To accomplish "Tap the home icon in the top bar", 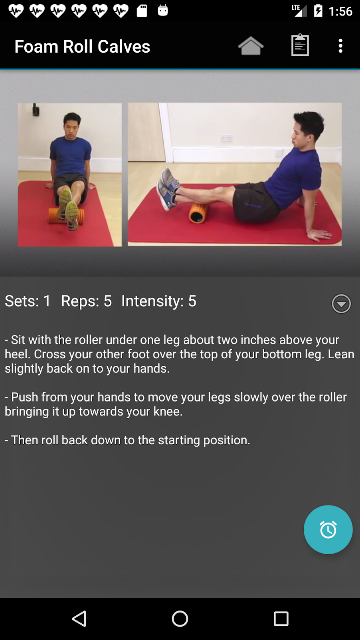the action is (x=251, y=46).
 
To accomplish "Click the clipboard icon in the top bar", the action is (x=300, y=45).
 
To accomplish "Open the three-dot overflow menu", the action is (x=340, y=46).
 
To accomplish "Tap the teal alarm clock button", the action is (x=328, y=529).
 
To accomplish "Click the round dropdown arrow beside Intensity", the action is (x=341, y=304).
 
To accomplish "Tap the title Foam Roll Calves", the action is (x=82, y=47).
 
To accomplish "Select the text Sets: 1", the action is (x=28, y=301).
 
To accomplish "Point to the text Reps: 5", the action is (x=86, y=301).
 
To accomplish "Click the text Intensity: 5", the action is (x=159, y=301).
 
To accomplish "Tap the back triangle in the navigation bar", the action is (x=79, y=618).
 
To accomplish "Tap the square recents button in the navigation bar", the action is (x=281, y=618).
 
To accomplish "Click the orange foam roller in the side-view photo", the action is (x=198, y=213).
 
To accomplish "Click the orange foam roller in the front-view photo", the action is (x=65, y=216).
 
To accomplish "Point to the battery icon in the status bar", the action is (x=318, y=11).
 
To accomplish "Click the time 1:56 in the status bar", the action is (x=340, y=11).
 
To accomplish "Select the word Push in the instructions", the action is (x=24, y=397).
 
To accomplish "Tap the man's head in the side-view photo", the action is (x=309, y=126).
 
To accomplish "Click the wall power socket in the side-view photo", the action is (x=227, y=138).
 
